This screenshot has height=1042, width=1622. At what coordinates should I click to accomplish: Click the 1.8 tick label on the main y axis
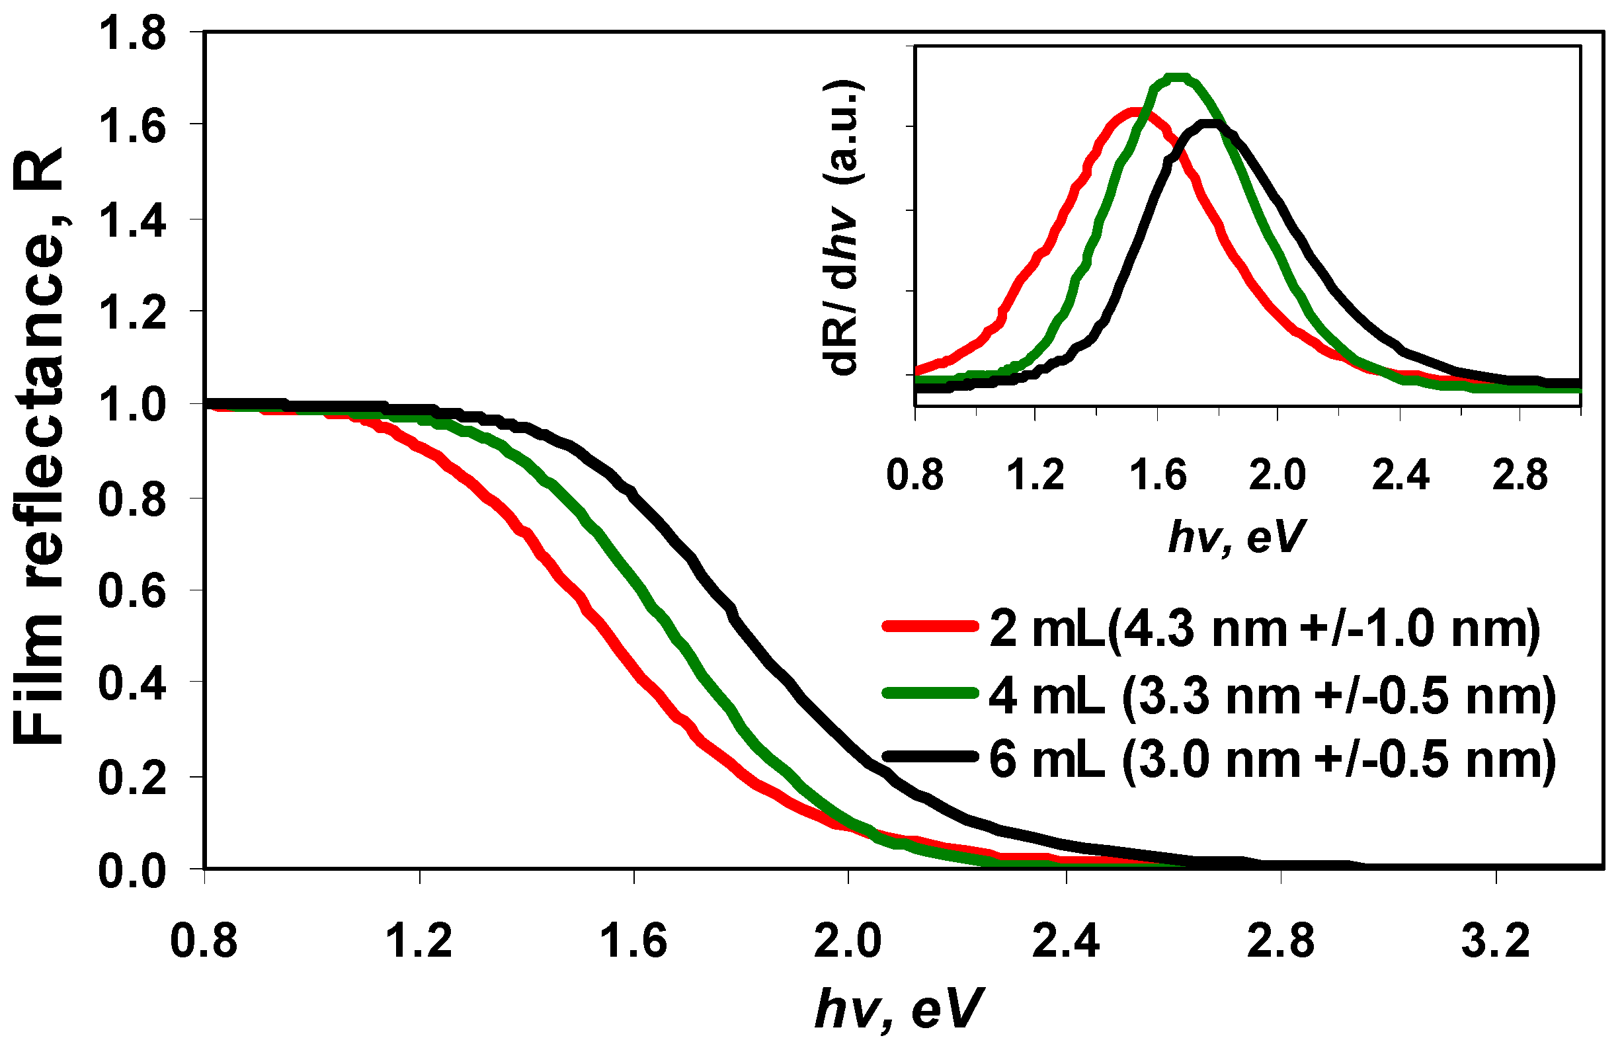coord(132,34)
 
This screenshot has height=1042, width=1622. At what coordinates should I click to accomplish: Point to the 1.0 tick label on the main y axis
coord(132,407)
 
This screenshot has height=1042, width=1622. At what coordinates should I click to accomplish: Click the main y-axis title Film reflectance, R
coord(39,446)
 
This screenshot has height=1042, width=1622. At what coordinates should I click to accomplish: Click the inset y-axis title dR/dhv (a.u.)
coord(843,227)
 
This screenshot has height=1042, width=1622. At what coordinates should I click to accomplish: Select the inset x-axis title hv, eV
coord(1236,538)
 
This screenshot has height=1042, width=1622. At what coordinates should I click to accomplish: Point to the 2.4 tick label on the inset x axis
coord(1400,475)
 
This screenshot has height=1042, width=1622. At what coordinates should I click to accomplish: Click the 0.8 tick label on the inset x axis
coord(915,475)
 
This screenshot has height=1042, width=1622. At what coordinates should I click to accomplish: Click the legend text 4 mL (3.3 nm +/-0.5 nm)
coord(1272,696)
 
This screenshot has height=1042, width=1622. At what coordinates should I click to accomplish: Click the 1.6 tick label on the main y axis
coord(132,126)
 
